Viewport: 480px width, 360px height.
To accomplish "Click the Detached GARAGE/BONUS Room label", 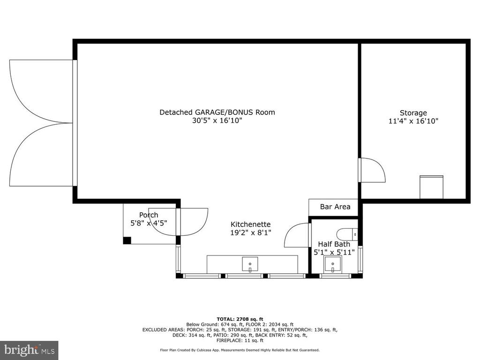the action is click(x=217, y=112).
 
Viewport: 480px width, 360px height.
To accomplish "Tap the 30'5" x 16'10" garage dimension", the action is click(x=217, y=120).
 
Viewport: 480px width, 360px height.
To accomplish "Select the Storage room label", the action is click(x=413, y=113).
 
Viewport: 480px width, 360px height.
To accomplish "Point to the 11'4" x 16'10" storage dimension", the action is click(x=413, y=121).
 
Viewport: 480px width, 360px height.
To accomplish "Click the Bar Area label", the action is click(x=335, y=207).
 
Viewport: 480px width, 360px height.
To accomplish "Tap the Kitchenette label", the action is click(x=250, y=225).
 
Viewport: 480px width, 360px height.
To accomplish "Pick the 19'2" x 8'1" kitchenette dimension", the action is click(x=251, y=233).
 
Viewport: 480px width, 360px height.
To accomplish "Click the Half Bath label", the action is click(x=334, y=244).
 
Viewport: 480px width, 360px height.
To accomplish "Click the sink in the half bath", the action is click(x=333, y=264).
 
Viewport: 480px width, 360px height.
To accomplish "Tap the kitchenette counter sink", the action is click(x=250, y=264).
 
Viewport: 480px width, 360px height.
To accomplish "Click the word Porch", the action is click(x=149, y=215).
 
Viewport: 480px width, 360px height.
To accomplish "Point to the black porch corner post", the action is click(x=127, y=240).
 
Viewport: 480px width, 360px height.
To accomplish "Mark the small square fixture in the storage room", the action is click(x=431, y=187).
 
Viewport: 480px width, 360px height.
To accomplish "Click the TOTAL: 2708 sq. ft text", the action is click(x=240, y=319).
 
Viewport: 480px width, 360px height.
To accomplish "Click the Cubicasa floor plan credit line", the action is click(x=240, y=350).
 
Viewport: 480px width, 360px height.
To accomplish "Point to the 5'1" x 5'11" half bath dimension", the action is click(x=334, y=253).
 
